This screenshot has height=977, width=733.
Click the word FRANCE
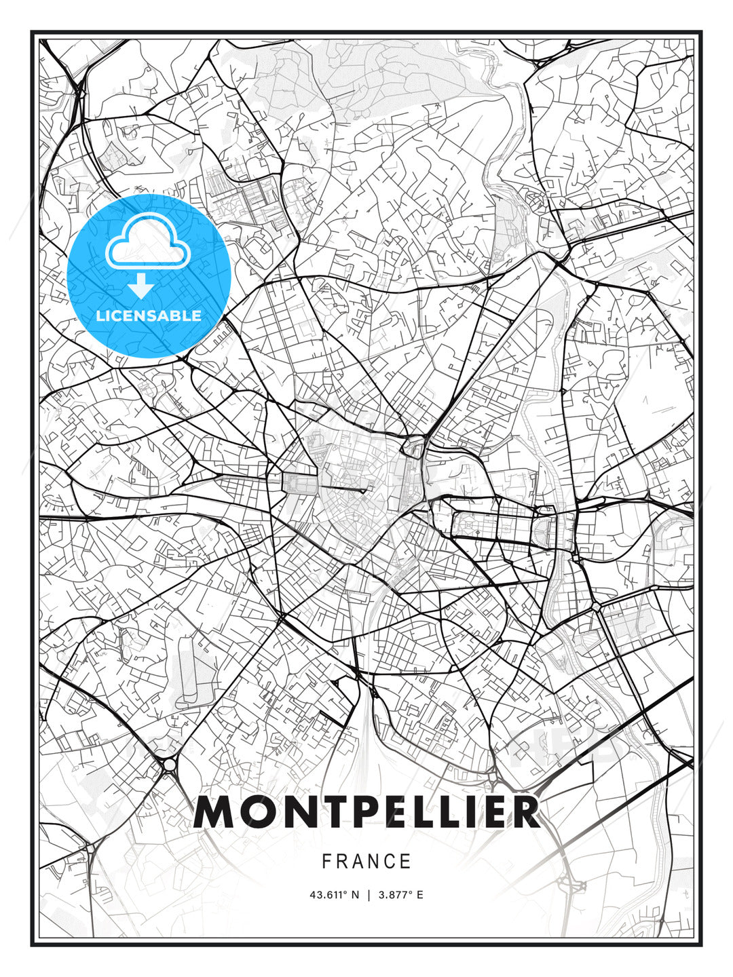click(x=366, y=862)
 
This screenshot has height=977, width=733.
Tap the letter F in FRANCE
click(x=326, y=862)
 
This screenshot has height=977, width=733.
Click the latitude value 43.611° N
click(x=334, y=895)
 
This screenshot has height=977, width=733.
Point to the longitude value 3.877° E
click(x=401, y=895)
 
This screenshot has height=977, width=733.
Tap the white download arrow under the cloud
click(x=141, y=286)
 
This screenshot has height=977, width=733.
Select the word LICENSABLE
click(x=149, y=315)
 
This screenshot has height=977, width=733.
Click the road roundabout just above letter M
click(x=168, y=765)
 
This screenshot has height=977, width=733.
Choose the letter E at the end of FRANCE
click(x=407, y=862)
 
